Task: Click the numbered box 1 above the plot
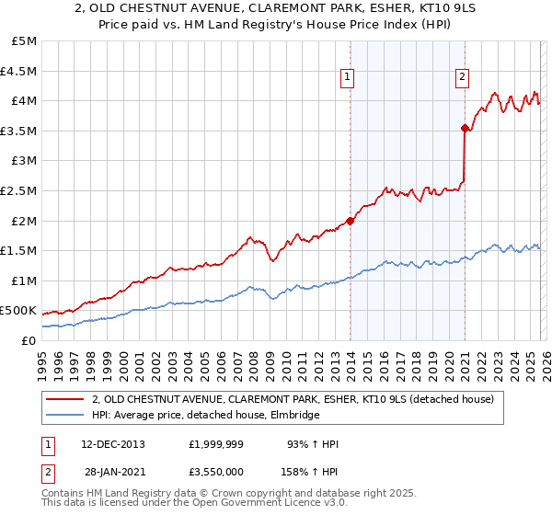348,78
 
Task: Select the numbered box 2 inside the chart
462,78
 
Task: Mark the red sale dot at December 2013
350,221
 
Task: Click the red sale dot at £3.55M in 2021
465,128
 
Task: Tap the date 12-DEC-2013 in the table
112,444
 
